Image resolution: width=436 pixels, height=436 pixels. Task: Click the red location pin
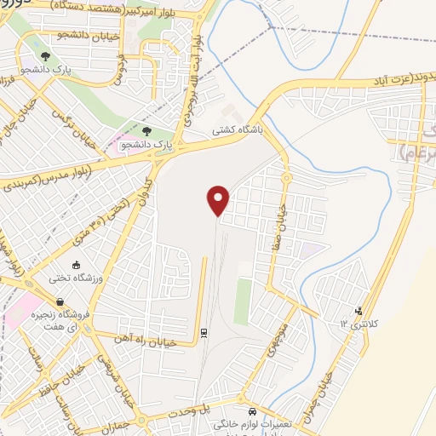[219, 200]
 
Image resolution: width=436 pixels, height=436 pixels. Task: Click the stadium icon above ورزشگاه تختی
[77, 266]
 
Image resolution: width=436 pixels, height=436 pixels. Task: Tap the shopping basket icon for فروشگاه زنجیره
[60, 301]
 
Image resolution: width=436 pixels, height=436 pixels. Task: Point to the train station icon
[204, 332]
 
